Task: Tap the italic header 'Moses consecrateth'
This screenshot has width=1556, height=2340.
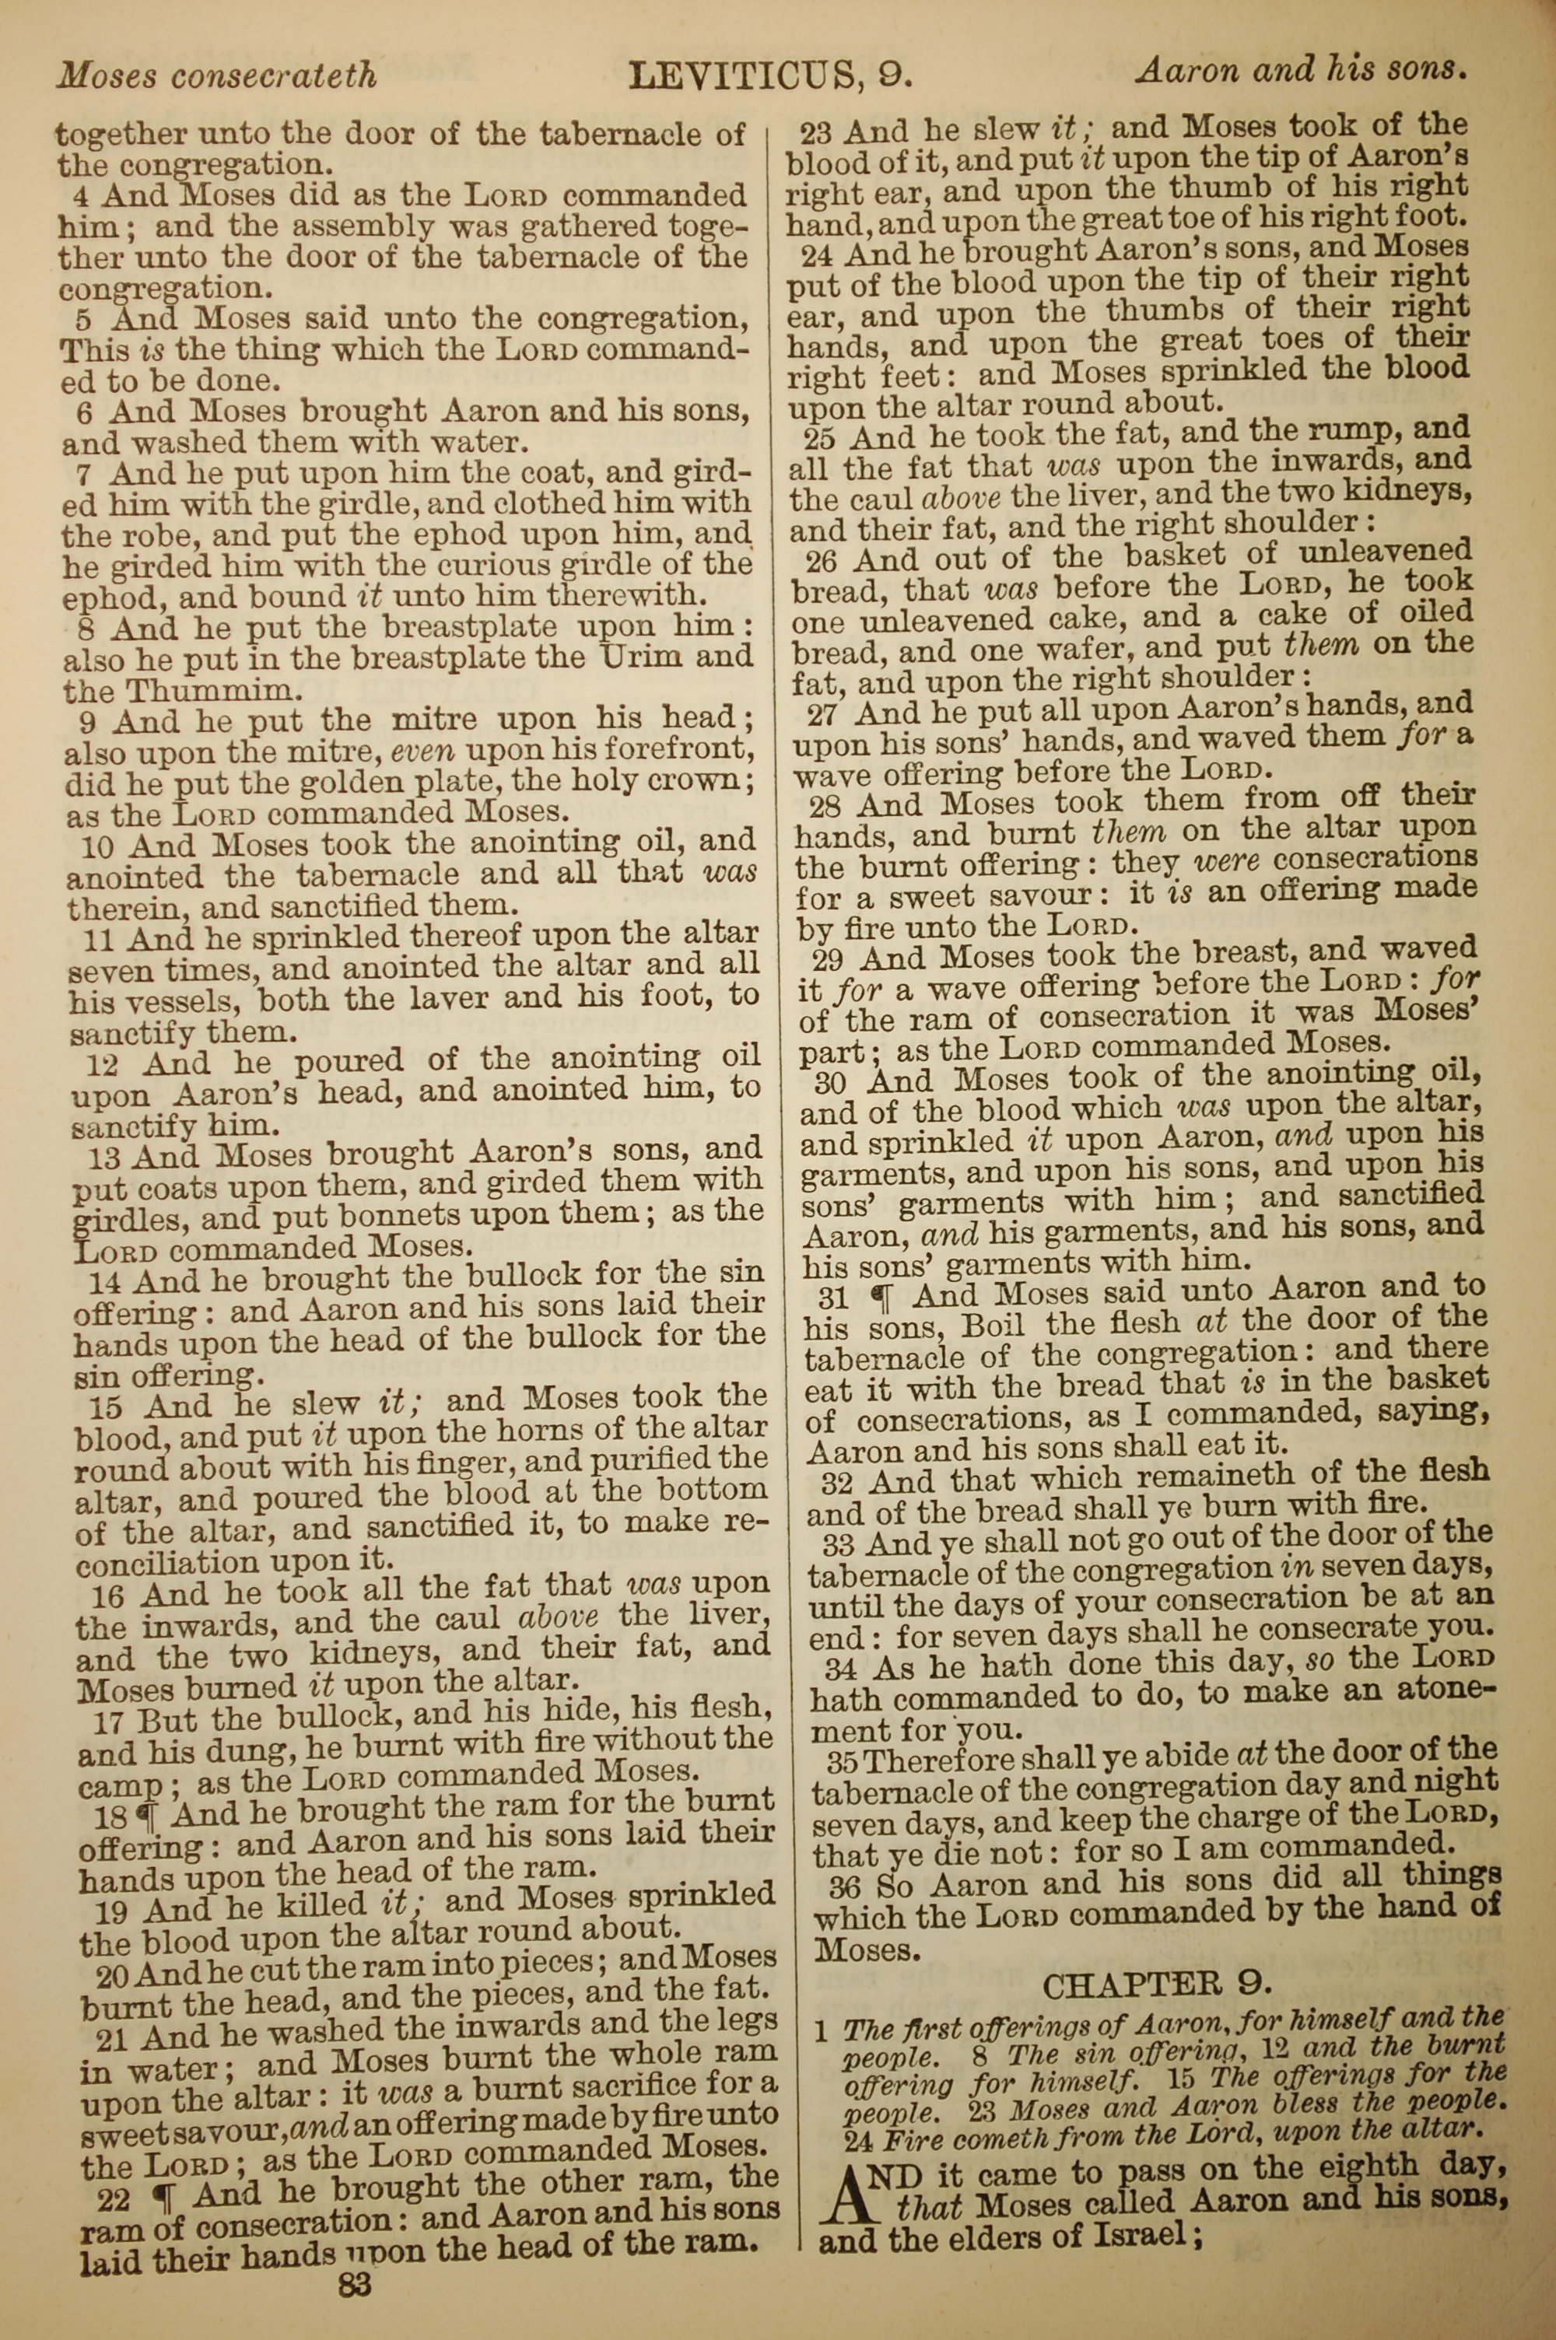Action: pyautogui.click(x=217, y=75)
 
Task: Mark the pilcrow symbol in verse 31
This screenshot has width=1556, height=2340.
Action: pyautogui.click(x=887, y=1295)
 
